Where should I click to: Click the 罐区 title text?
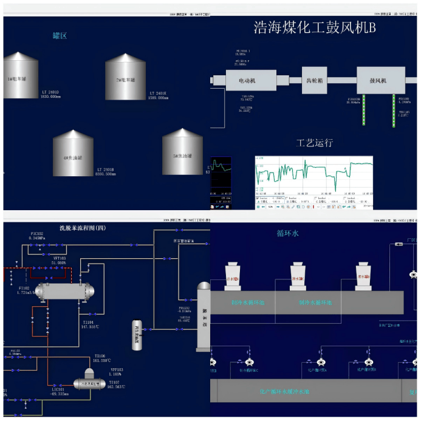point(60,36)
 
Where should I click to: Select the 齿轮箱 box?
point(314,79)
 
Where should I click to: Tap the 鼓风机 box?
point(380,80)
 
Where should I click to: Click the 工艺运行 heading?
point(314,143)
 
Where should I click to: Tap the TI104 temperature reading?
point(90,324)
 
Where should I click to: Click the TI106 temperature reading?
point(100,358)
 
